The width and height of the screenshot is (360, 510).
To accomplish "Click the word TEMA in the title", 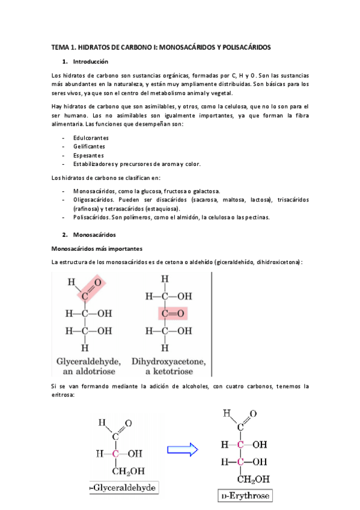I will point(61,46).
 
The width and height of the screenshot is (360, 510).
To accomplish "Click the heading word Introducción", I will point(90,61).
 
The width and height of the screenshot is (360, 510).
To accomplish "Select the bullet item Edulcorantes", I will point(91,138).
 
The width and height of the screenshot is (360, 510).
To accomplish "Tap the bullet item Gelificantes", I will point(89,146).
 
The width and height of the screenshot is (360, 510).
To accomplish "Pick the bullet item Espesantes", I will point(88,155).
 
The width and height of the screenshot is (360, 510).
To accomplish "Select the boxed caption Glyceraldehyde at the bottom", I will point(120,489).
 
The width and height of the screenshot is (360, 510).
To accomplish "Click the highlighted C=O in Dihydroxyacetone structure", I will point(172,313).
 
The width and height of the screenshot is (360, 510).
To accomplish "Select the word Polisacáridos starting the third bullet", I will point(90,217).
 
